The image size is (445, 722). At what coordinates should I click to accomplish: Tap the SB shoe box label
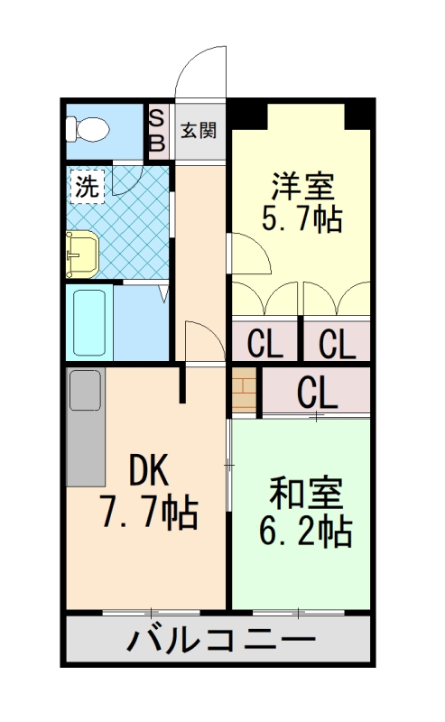tap(156, 130)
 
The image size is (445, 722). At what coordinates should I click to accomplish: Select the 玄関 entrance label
tap(198, 131)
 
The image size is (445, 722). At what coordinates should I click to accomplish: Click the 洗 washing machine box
tap(86, 187)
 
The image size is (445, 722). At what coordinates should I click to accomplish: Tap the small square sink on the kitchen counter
tap(86, 390)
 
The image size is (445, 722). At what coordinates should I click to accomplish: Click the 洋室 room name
tap(302, 187)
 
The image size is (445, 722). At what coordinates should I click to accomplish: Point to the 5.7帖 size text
tap(302, 219)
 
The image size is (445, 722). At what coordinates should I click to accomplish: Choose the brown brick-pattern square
tap(245, 390)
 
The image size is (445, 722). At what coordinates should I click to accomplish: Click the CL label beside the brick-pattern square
tap(316, 391)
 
